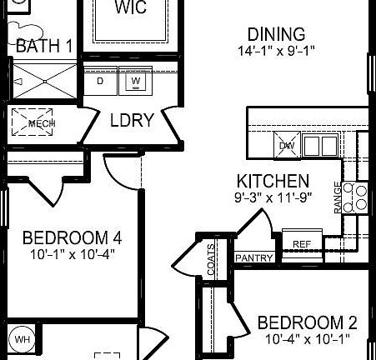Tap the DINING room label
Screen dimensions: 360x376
[275, 34]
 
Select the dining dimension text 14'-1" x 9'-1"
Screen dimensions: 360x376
[275, 50]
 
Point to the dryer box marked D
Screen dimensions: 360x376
[101, 81]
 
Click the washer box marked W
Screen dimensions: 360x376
[135, 81]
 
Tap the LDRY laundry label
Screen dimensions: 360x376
[132, 120]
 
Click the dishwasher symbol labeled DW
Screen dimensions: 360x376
[287, 146]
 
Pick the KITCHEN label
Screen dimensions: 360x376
[273, 181]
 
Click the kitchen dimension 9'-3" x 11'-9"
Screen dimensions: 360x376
[273, 198]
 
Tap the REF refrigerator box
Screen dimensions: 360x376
[301, 243]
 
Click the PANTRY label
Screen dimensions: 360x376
[254, 258]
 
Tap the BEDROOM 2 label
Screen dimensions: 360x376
[307, 323]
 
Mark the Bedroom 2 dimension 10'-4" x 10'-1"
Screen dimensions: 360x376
[307, 339]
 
